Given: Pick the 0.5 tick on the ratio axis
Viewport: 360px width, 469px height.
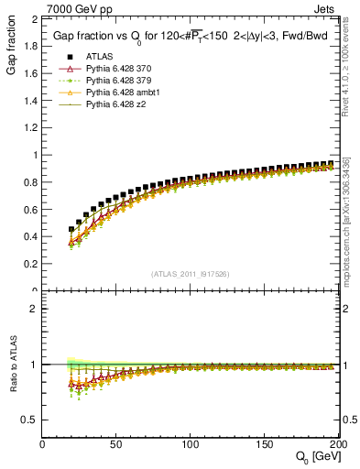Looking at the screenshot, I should [31, 420].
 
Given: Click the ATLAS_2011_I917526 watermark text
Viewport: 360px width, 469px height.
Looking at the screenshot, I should [190, 274].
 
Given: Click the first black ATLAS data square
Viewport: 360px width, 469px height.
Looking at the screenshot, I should [71, 230].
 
